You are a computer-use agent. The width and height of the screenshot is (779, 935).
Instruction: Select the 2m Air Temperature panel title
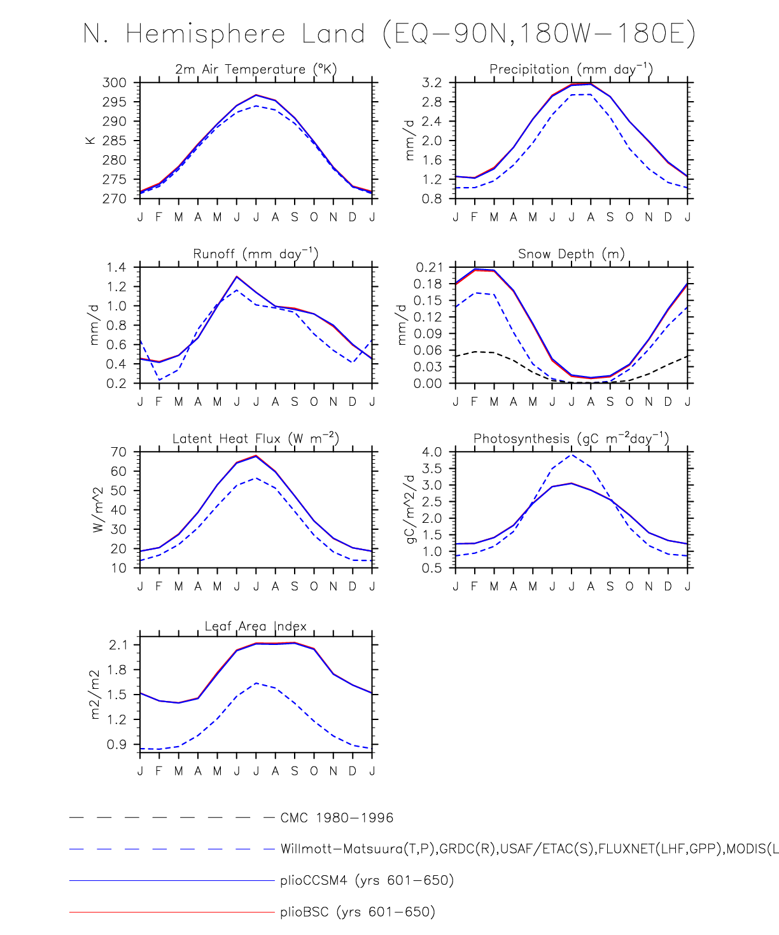pos(256,69)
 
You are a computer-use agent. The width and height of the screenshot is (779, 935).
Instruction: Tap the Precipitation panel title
pos(571,69)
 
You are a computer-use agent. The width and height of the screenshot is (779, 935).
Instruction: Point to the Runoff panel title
pos(256,254)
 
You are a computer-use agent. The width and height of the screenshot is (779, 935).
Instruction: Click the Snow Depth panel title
pos(571,254)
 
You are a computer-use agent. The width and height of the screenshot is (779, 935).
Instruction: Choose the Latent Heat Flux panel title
pos(256,438)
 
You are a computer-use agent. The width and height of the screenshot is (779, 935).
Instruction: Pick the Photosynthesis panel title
pos(571,438)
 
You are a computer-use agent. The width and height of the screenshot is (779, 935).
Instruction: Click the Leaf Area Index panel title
pos(256,627)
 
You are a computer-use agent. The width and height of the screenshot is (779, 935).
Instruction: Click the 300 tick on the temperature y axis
pos(115,83)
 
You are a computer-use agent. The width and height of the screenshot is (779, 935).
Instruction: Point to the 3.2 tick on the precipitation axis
pos(431,83)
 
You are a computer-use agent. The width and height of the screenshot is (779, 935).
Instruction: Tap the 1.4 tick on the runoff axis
pos(116,267)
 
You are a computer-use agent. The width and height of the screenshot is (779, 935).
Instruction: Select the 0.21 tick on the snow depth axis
pos(429,267)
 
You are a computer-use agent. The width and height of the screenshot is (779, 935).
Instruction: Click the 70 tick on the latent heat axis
pos(118,452)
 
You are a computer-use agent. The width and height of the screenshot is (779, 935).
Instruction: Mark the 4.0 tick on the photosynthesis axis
pos(432,452)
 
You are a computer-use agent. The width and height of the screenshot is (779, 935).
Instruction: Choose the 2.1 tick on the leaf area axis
pos(118,645)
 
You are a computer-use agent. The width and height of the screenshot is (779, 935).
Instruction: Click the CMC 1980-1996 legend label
pos(337,818)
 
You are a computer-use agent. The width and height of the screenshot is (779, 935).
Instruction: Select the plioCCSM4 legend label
pos(367,881)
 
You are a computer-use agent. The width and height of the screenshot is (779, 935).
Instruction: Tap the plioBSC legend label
pos(358,912)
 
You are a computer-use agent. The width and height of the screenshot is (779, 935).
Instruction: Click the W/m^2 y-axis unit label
pos(97,509)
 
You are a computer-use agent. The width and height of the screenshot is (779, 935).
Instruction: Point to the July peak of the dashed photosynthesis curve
pos(572,455)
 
